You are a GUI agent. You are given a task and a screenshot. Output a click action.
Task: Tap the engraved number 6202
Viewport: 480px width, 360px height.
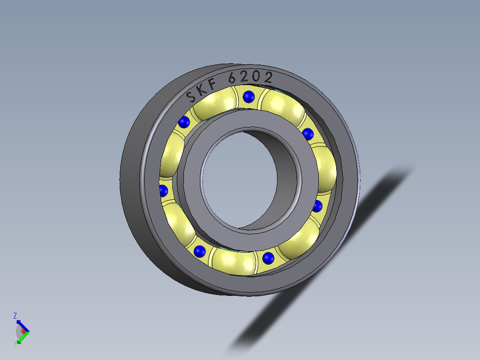point(250,78)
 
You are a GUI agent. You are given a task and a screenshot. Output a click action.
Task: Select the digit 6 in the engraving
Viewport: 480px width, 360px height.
point(232,78)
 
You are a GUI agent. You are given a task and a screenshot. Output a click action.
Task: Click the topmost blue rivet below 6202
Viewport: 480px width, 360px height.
point(249,96)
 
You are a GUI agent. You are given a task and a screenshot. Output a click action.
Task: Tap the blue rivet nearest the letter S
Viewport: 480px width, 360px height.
point(184,122)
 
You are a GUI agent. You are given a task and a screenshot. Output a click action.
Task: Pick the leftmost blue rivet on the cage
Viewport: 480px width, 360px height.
point(163,191)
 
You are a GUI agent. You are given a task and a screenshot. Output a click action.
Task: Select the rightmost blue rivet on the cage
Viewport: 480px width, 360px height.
point(317,206)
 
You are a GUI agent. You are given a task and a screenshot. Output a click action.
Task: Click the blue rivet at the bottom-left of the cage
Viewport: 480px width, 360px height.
point(200,251)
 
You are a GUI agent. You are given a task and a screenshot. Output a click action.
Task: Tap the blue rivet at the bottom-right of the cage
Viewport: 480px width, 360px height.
point(268,257)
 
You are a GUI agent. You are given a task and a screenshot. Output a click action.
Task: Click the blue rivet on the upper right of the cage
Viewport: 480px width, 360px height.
point(308,133)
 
